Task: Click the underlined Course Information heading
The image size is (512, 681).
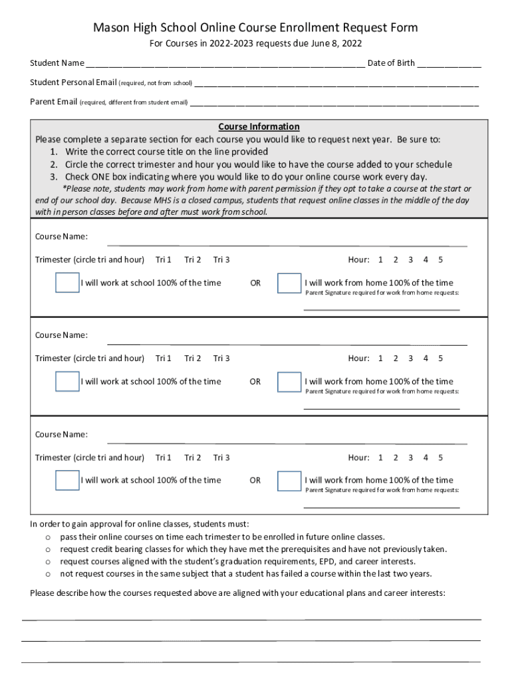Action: click(x=259, y=126)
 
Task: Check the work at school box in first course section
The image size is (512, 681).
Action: click(x=67, y=283)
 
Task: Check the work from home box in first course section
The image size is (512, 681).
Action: click(x=289, y=283)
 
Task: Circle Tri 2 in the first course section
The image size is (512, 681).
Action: click(x=193, y=259)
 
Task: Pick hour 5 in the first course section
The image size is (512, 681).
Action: click(x=440, y=259)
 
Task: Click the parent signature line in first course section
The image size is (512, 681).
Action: click(x=382, y=309)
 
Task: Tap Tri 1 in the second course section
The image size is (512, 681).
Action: click(x=164, y=358)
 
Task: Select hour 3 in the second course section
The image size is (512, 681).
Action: click(x=410, y=358)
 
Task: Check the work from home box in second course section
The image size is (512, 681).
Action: click(x=289, y=382)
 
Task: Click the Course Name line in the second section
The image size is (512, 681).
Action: click(x=287, y=343)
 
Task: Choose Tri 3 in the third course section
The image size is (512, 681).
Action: click(x=221, y=458)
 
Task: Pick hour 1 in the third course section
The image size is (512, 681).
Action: click(x=380, y=458)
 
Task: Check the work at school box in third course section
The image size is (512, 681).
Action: click(x=67, y=480)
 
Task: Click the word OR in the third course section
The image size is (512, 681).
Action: click(x=255, y=480)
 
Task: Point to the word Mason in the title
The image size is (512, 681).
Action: click(x=109, y=27)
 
